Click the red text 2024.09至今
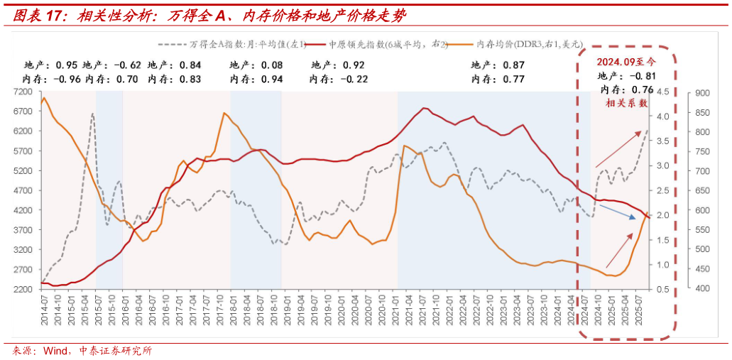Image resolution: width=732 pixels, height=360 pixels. click(624, 62)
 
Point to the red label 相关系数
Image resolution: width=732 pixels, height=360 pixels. click(626, 103)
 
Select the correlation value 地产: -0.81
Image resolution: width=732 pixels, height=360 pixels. click(626, 76)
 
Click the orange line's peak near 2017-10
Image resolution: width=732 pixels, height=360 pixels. click(224, 113)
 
